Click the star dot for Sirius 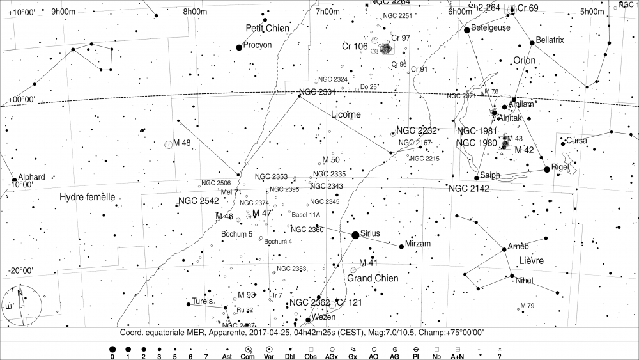point(355,235)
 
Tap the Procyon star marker point(239,47)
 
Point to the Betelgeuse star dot point(467,29)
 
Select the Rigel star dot point(546,169)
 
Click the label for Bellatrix point(551,40)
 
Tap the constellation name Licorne point(346,114)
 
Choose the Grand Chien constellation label point(373,278)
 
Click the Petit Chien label point(268,28)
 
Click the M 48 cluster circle point(169,145)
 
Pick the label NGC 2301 point(318,92)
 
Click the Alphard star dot point(14,180)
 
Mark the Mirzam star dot point(401,246)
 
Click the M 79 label point(527,306)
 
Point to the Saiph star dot point(477,177)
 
